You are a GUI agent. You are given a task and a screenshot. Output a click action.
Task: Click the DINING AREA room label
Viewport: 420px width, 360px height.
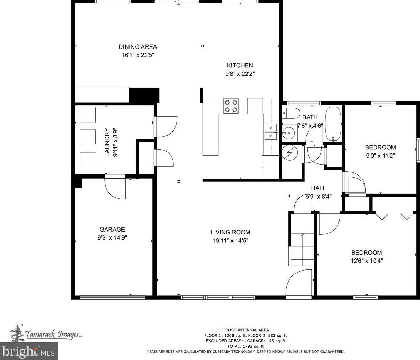coord(138,47)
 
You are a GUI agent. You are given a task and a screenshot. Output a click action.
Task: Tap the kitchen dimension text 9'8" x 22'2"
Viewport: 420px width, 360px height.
coord(240,74)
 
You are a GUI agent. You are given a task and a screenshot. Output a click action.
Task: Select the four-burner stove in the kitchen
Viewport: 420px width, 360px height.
coord(231,106)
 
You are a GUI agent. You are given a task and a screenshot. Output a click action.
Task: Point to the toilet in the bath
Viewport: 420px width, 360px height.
coord(291,114)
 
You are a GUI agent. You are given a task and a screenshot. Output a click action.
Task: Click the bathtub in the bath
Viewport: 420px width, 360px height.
coord(333,124)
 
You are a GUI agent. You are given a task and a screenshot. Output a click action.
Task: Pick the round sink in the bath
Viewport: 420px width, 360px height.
coord(289,133)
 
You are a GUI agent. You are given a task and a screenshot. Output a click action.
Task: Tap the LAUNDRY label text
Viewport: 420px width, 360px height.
coord(107,142)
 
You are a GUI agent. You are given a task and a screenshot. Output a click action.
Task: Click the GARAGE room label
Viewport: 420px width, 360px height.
coord(112,230)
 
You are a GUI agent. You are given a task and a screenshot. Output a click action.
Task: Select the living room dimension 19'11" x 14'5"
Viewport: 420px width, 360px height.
coord(230,241)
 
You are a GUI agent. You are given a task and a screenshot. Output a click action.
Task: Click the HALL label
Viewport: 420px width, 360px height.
coord(319,188)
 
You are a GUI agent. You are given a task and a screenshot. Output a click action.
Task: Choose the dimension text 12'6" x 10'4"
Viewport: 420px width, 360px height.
coord(367,261)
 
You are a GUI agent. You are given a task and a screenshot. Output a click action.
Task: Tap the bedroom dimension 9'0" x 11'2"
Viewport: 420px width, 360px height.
coord(380,156)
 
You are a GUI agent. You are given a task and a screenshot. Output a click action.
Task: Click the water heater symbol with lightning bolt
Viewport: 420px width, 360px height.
coord(290,152)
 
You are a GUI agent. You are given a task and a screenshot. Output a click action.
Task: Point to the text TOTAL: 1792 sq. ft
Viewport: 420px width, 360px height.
coord(246,346)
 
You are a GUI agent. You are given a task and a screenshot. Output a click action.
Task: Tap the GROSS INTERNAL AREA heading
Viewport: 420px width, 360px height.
coord(246,330)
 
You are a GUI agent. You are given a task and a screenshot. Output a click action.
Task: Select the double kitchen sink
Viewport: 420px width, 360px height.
coord(270,131)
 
